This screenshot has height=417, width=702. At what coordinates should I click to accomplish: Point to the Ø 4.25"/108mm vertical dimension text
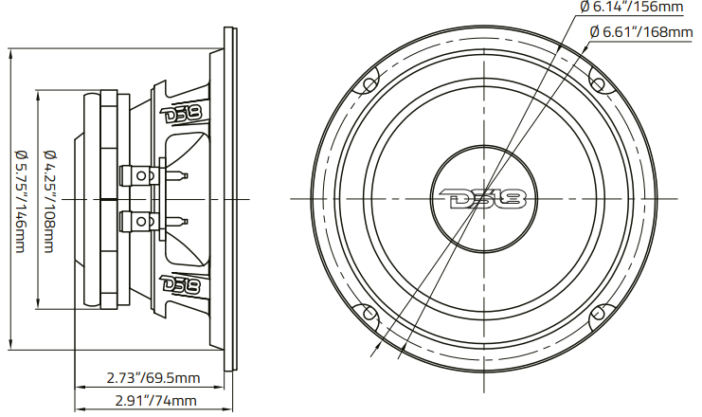(49, 200)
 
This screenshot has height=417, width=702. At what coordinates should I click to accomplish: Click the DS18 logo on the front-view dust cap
(484, 199)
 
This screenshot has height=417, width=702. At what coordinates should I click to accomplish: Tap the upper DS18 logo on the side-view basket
(181, 115)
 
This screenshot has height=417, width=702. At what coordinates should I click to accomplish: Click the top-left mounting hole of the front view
(368, 82)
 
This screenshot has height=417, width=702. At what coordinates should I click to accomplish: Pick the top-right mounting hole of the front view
(600, 82)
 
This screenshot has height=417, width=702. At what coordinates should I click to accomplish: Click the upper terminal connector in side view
(139, 175)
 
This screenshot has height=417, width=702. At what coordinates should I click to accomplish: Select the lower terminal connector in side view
(139, 223)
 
